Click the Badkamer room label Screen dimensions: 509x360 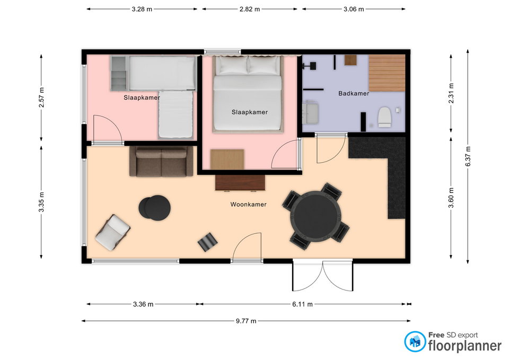(354, 93)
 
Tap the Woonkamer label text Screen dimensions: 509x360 (248, 205)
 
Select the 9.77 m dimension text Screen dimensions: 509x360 (246, 321)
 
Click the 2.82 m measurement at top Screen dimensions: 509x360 (250, 9)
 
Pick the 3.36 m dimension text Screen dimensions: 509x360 (143, 304)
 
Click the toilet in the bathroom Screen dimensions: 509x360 (385, 117)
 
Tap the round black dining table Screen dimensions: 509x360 (316, 216)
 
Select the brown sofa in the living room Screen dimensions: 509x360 (161, 161)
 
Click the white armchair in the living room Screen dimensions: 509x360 (112, 232)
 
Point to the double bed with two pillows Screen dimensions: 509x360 (248, 93)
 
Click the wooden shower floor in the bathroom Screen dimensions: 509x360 (387, 73)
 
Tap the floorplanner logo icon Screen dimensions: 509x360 (415, 341)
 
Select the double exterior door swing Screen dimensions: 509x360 (322, 276)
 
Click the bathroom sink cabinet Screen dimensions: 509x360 (310, 112)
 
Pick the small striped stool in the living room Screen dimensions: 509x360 (208, 242)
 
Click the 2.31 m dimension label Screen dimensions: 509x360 (451, 93)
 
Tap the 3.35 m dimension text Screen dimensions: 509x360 (41, 202)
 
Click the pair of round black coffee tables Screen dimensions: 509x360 (155, 208)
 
